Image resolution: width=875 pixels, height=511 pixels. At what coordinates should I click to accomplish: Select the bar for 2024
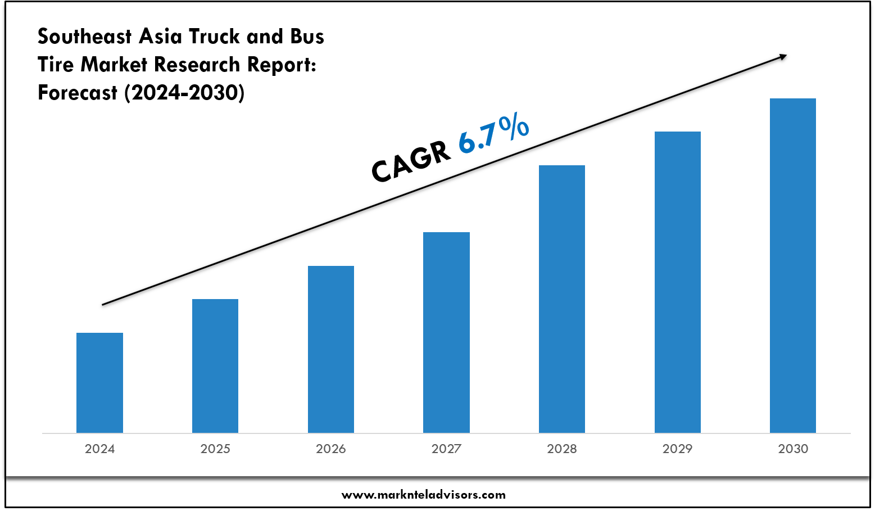(99, 382)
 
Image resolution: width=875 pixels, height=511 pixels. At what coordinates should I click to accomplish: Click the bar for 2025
(215, 365)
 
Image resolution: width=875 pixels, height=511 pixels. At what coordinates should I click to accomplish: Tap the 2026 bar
(331, 349)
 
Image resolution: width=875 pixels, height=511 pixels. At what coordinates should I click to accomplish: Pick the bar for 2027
(446, 332)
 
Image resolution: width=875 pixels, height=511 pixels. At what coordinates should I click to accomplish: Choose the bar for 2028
(562, 299)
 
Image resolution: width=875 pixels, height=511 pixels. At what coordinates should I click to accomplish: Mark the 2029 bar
(677, 282)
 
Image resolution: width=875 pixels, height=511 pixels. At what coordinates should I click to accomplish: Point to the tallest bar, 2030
(792, 265)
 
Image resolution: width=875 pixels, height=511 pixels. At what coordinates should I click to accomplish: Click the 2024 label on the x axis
(99, 449)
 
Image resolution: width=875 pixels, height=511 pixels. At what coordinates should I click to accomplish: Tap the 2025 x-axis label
(215, 449)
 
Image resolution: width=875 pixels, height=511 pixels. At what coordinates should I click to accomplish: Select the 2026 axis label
(331, 449)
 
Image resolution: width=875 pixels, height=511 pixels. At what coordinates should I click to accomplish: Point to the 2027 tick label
(446, 449)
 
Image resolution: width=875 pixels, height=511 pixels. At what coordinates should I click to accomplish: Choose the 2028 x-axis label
(562, 449)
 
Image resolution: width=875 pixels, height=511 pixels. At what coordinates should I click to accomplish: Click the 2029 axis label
(677, 449)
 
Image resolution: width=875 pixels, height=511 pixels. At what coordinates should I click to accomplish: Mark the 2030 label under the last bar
(793, 449)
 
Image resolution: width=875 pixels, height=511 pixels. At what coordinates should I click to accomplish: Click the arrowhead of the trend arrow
(782, 56)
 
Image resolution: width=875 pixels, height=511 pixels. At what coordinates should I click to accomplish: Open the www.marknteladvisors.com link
(424, 495)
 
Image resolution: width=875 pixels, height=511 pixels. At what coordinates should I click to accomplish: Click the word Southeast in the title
(85, 37)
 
